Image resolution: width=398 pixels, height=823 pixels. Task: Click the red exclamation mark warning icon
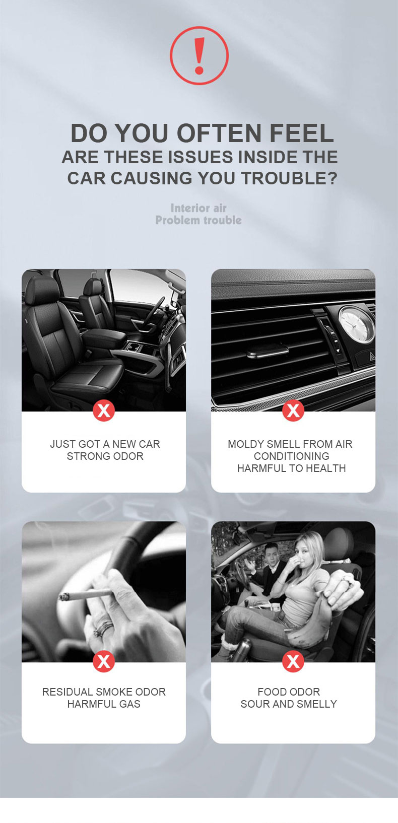199,55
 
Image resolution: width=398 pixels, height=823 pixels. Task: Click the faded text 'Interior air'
198,208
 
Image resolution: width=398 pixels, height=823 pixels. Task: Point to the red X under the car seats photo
104,410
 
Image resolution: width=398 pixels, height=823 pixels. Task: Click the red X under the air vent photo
293,410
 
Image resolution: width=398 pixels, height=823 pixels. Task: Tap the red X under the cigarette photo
104,661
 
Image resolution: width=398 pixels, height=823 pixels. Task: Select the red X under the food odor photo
293,661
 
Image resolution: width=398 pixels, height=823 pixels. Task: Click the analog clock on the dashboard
355,324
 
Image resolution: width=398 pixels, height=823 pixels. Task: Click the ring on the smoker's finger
103,628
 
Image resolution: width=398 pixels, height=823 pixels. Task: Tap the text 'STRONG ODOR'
105,456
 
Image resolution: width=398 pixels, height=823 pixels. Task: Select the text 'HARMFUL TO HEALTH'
291,468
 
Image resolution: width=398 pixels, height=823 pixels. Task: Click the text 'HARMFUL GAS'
104,704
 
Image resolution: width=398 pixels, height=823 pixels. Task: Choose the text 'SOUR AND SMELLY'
289,704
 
